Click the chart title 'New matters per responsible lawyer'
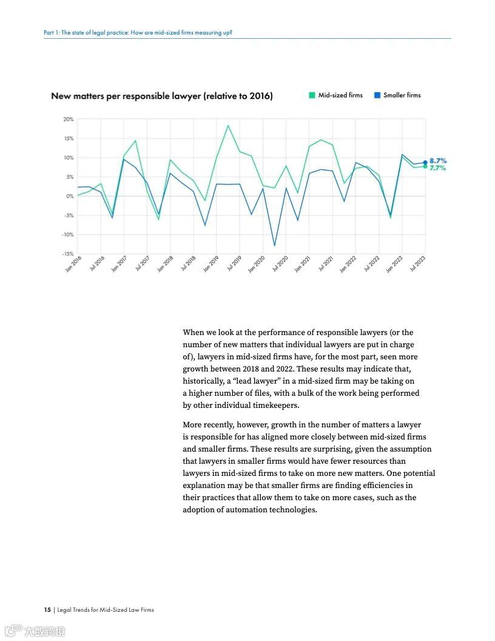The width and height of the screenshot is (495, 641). click(x=161, y=96)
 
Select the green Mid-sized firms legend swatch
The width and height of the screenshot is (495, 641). click(x=312, y=95)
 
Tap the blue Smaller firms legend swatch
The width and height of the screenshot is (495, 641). click(x=377, y=95)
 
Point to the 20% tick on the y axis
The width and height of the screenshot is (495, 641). click(x=69, y=120)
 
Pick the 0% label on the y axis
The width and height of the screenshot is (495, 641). click(x=70, y=196)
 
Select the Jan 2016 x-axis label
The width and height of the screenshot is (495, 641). click(x=73, y=264)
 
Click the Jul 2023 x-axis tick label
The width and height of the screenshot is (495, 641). click(x=417, y=264)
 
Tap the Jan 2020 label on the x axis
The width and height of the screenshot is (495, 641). click(x=257, y=264)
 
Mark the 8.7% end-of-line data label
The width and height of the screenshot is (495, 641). click(x=438, y=161)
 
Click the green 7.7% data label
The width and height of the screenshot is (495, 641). click(x=438, y=168)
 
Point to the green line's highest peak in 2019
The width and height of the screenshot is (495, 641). click(x=228, y=126)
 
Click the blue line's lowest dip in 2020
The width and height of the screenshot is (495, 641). click(x=275, y=245)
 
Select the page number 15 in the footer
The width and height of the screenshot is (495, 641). click(x=47, y=609)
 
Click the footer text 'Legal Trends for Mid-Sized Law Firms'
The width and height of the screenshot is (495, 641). click(x=106, y=609)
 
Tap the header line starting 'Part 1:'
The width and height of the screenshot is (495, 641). click(x=138, y=32)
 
